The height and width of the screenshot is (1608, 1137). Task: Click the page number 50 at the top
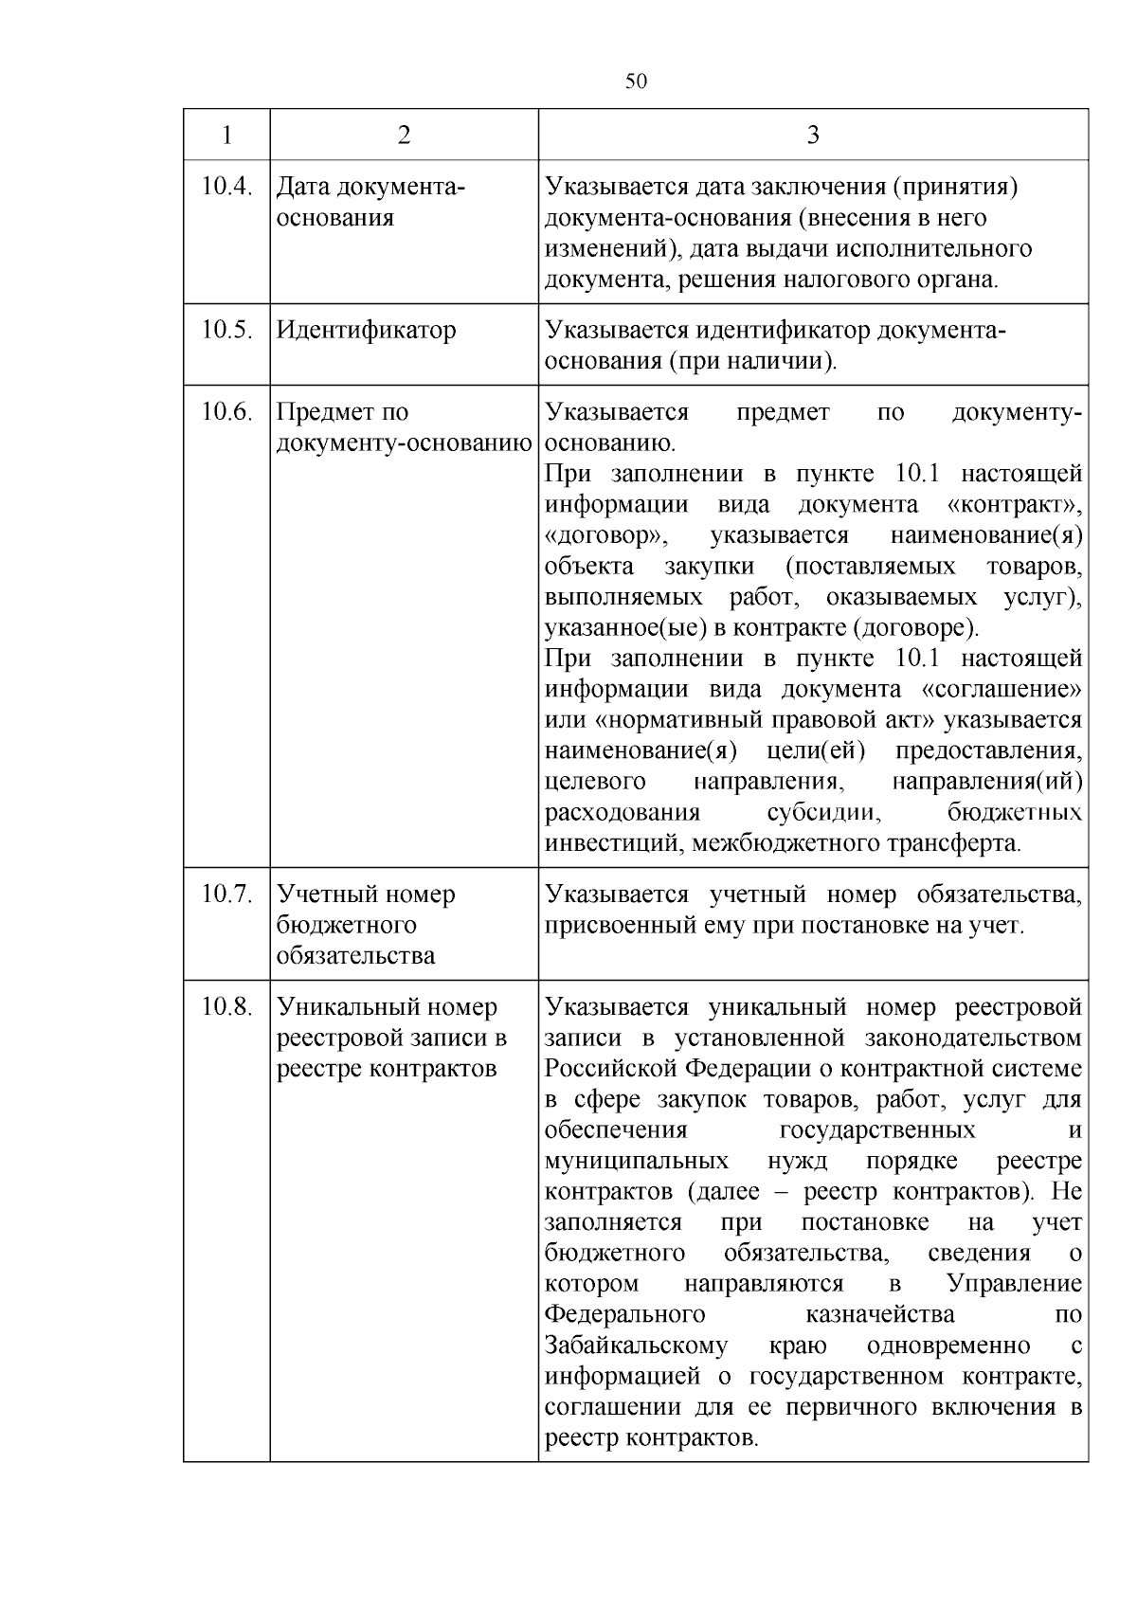(x=636, y=81)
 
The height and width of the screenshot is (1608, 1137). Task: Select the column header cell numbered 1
(x=226, y=136)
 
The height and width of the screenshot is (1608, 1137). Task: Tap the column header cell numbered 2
(x=405, y=136)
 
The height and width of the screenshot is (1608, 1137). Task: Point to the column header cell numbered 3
(x=812, y=136)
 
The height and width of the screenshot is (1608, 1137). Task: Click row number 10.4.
(x=226, y=187)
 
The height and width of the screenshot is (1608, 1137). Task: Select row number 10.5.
(x=226, y=330)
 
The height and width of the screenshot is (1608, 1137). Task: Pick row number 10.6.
(x=226, y=412)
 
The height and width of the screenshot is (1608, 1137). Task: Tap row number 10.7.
(x=226, y=894)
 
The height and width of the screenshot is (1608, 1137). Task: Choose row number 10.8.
(x=226, y=1006)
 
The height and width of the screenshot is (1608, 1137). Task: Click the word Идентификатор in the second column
(x=366, y=330)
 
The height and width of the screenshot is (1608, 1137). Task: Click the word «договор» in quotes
(x=606, y=535)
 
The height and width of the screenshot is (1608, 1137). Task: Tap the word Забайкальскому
(x=636, y=1346)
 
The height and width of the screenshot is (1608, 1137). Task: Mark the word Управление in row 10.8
(x=1014, y=1284)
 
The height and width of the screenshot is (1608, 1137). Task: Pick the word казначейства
(x=879, y=1314)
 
